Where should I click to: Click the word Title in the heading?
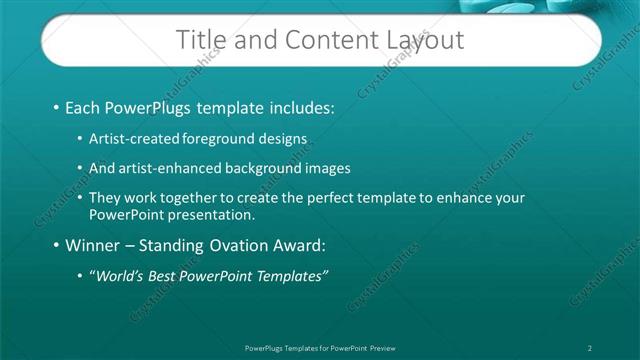click(x=200, y=40)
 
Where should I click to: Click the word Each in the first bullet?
click(x=84, y=106)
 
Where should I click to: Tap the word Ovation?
click(x=236, y=245)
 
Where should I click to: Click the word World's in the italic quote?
click(x=118, y=276)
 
